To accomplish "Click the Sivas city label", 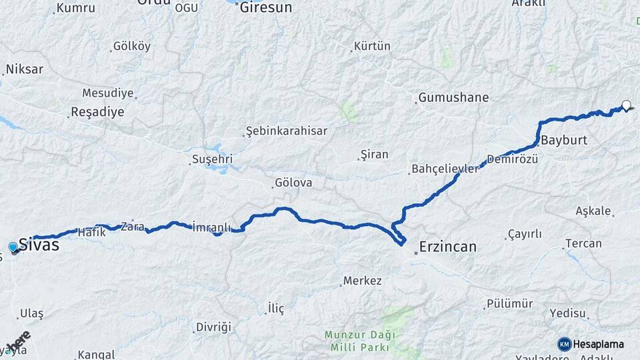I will (39, 245).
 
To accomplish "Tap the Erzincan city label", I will (447, 247).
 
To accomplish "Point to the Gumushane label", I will (453, 98).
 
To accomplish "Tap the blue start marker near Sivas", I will (13, 248).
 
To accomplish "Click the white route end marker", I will (626, 105).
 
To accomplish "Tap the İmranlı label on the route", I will (211, 227).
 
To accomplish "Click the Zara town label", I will (133, 225).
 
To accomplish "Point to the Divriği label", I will (213, 327).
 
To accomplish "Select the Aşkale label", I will (593, 211).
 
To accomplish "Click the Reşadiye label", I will (97, 111).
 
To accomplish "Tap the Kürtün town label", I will (373, 47).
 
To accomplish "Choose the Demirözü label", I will (512, 159).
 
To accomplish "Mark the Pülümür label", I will (509, 304).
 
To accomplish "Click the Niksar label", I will (25, 69).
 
